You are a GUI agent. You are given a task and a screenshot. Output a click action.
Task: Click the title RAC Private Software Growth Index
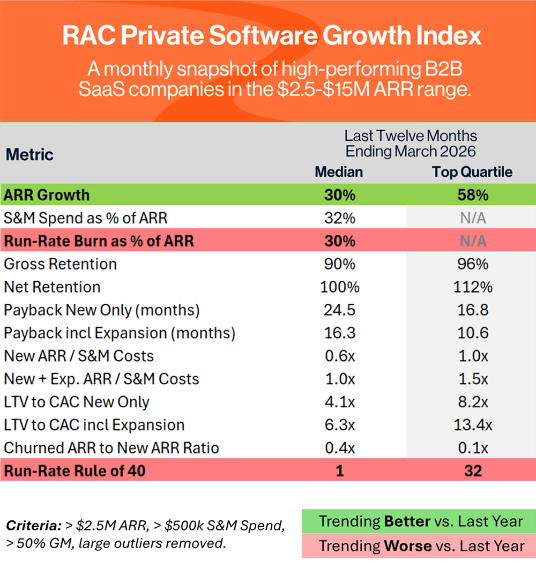click(272, 36)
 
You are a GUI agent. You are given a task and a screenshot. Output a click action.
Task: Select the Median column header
click(339, 172)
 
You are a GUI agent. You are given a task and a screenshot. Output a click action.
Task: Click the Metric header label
click(30, 155)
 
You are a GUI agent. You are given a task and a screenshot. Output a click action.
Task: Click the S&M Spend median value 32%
click(339, 218)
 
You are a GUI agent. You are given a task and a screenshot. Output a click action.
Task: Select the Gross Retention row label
click(60, 264)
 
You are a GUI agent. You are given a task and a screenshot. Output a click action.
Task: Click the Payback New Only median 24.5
click(339, 310)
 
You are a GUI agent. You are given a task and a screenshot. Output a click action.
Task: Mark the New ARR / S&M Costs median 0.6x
click(339, 356)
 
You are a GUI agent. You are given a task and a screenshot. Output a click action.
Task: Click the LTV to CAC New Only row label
click(77, 402)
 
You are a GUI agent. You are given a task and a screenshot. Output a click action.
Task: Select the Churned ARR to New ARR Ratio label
click(111, 448)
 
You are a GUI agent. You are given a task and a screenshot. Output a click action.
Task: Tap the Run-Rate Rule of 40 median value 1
click(339, 471)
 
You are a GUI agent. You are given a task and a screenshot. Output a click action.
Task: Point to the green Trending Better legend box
click(419, 521)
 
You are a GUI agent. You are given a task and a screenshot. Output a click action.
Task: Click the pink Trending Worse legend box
click(419, 546)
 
